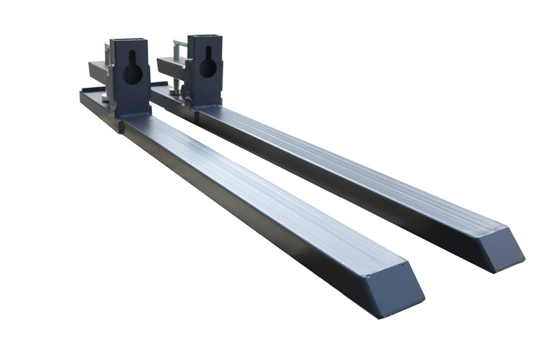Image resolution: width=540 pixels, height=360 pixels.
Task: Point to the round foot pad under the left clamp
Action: pos(106,99)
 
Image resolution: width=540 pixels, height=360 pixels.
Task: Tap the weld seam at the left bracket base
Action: pos(135,117)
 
